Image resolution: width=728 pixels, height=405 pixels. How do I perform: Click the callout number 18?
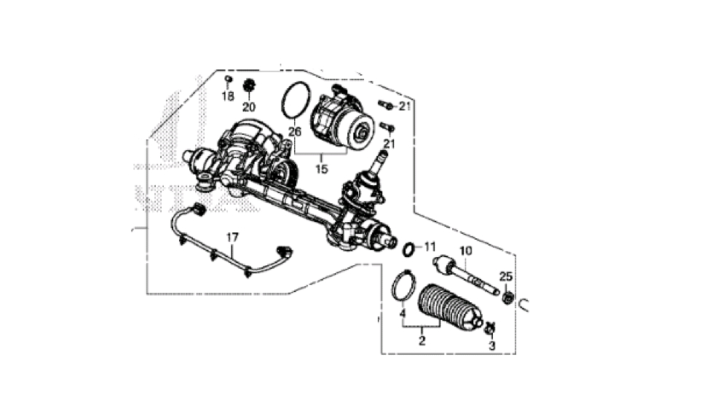pyautogui.click(x=227, y=97)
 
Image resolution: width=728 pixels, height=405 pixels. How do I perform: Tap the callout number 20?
pyautogui.click(x=249, y=107)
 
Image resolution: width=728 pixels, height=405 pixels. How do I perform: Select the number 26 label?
pyautogui.click(x=295, y=131)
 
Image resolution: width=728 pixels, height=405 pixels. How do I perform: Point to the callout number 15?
pyautogui.click(x=321, y=168)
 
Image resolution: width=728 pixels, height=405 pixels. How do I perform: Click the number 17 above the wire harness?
pyautogui.click(x=232, y=237)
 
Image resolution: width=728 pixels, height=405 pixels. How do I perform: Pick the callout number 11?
pyautogui.click(x=430, y=246)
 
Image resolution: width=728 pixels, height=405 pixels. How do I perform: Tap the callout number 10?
pyautogui.click(x=466, y=251)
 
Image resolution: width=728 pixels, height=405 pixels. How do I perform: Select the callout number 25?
pyautogui.click(x=506, y=277)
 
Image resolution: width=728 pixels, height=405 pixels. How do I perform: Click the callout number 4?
pyautogui.click(x=403, y=313)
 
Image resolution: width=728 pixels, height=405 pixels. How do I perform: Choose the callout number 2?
pyautogui.click(x=422, y=340)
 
